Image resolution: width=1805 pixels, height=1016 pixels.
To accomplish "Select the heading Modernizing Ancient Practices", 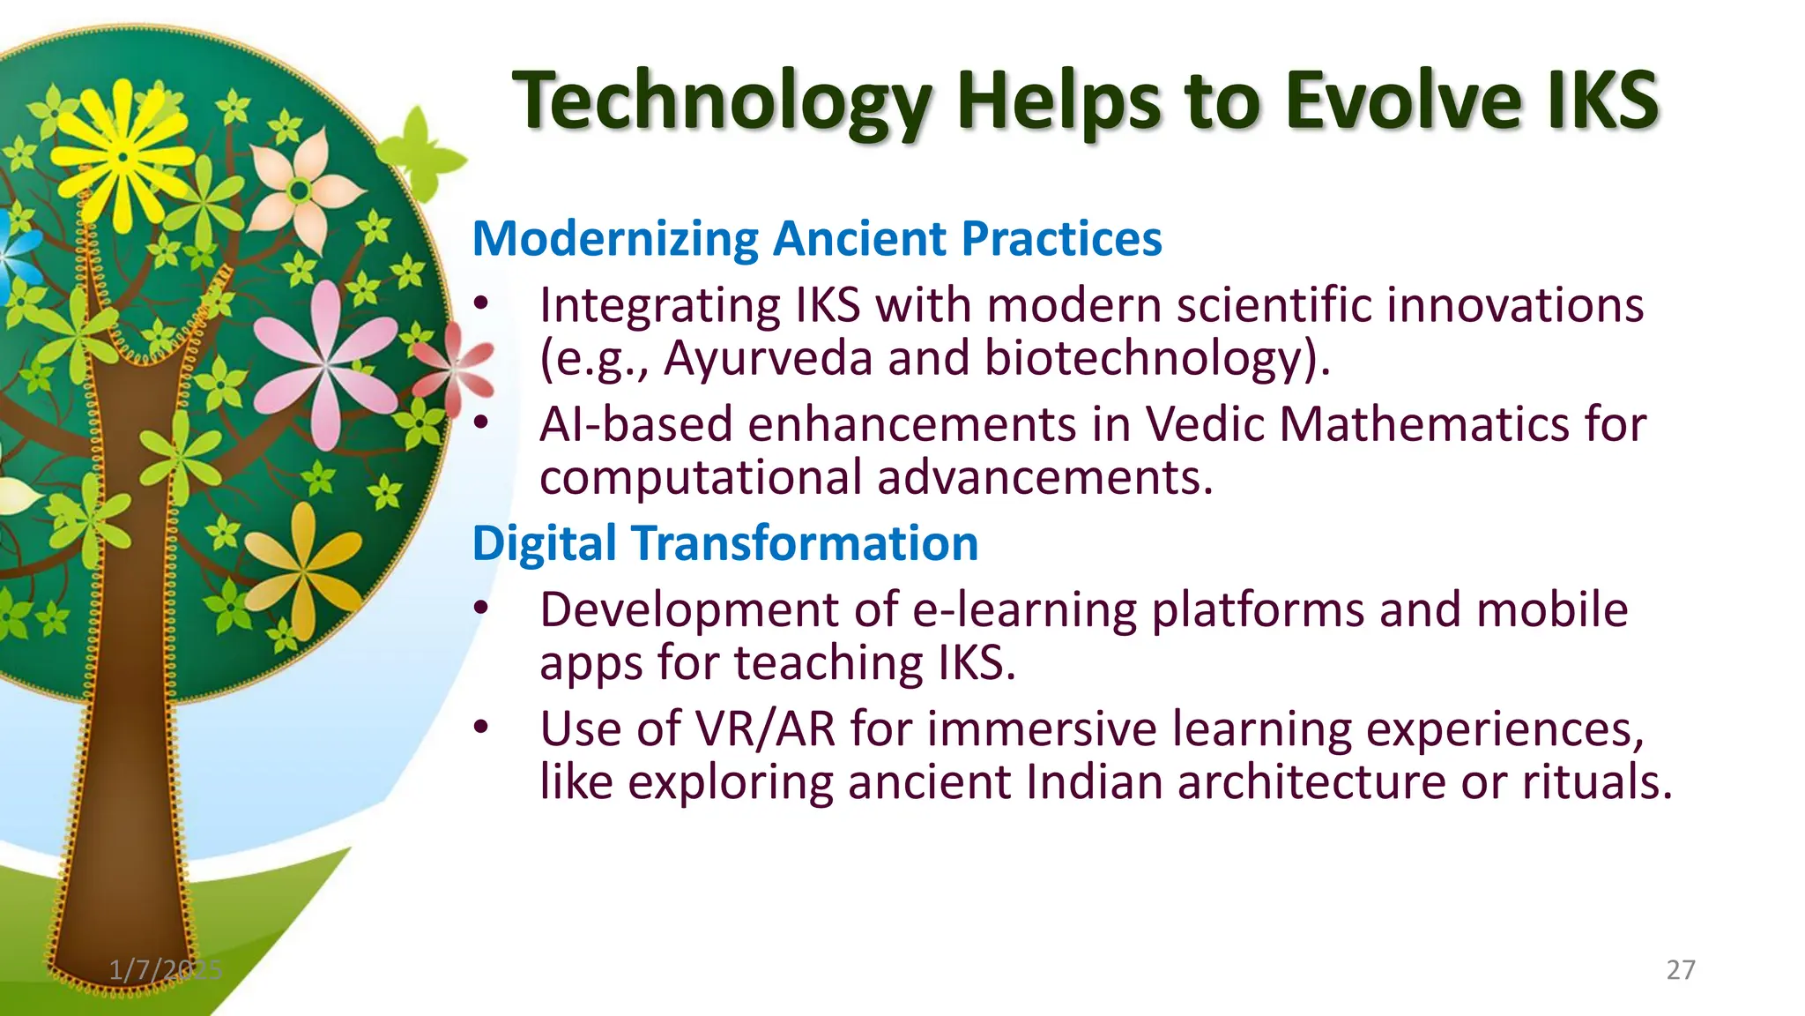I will click(x=817, y=238).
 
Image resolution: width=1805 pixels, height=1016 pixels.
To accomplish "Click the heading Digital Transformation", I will click(x=724, y=542).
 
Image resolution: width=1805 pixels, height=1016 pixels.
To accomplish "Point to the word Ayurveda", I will click(x=768, y=358).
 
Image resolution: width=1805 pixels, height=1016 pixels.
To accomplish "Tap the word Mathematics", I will click(x=1423, y=424).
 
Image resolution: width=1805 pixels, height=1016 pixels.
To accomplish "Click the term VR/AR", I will click(x=765, y=729).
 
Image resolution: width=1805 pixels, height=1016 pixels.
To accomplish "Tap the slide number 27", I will click(x=1680, y=970).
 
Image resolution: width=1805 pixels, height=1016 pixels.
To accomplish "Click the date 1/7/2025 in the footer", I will click(x=166, y=970).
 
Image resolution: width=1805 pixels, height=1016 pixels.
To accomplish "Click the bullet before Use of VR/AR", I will click(x=480, y=728).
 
